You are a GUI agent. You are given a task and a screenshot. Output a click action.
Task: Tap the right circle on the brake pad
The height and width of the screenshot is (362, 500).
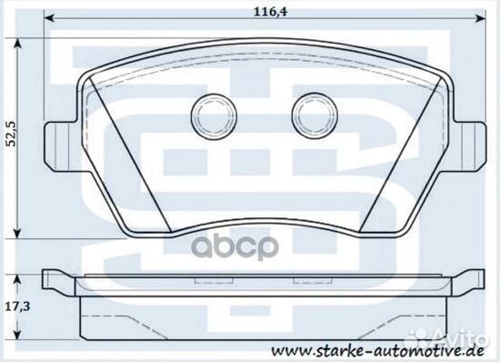tap(309, 115)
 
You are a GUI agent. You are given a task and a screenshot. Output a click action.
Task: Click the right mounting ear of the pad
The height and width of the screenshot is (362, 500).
tap(466, 144)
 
